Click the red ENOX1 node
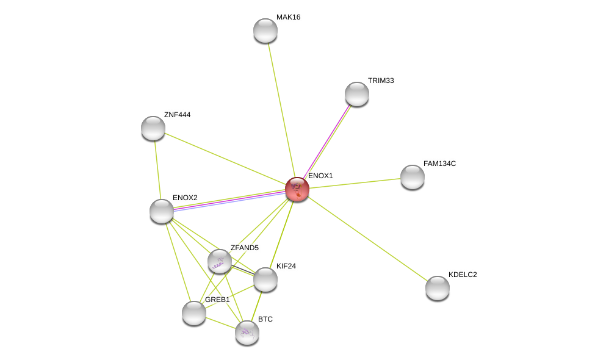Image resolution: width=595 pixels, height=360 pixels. coord(297,189)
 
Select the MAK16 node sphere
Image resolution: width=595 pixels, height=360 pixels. coord(265,31)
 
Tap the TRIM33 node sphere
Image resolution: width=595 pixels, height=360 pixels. coord(357,94)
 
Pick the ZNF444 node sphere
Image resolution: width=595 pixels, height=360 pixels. coord(153,128)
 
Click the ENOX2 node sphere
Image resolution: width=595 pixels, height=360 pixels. coord(162,211)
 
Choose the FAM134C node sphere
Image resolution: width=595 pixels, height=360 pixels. coord(413,177)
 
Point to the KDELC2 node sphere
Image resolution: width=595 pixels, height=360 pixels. coord(438,288)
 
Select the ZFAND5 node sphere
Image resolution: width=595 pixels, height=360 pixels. coord(220,261)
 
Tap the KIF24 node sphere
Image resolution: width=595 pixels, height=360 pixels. coord(265,279)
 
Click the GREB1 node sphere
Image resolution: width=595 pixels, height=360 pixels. coord(194,313)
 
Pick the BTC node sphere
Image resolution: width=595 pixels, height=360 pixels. coord(247,333)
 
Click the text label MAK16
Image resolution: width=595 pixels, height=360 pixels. coord(289,17)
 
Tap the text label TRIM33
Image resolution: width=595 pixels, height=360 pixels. coord(381,81)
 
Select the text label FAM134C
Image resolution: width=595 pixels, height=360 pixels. coord(440,164)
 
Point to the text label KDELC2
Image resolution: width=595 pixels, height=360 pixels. coord(463,274)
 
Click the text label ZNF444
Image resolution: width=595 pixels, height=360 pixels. coord(177,115)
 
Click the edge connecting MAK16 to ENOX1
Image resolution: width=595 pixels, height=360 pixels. coord(281,110)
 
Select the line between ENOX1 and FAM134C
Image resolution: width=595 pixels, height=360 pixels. coord(355,183)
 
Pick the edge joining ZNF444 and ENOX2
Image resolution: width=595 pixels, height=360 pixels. coord(157,170)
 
